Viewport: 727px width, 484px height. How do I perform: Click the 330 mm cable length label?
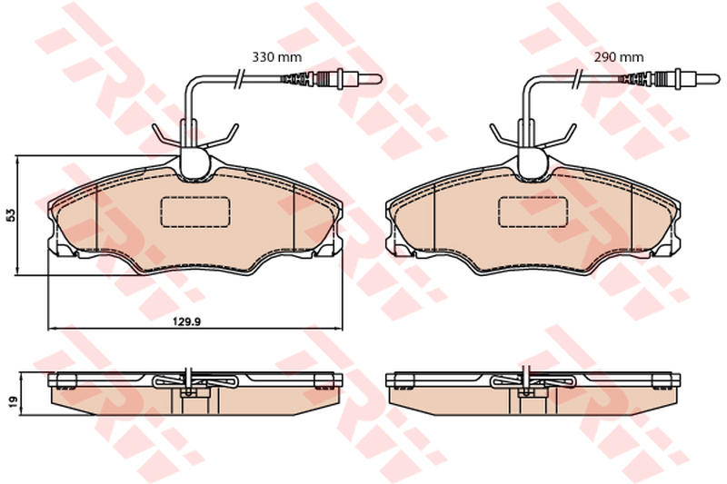276,57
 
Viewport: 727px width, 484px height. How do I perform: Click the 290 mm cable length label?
619,57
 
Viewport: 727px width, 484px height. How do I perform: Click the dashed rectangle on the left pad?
195,212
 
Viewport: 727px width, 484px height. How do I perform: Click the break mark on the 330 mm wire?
239,78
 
